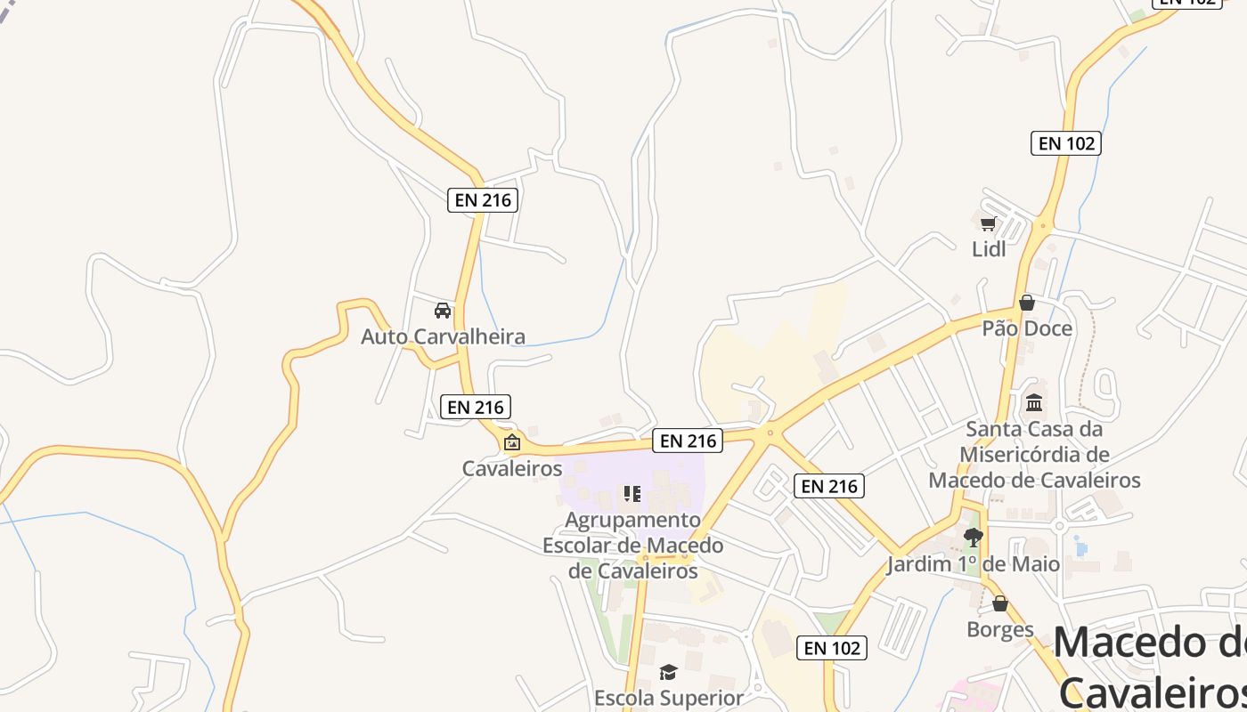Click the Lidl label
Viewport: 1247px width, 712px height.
989,249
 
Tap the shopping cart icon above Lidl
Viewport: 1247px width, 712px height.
988,223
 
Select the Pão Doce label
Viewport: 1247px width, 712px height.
1027,328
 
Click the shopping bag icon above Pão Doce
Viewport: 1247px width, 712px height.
1027,303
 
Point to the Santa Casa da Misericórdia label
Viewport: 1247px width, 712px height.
1034,455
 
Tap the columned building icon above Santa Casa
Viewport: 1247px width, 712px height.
1034,403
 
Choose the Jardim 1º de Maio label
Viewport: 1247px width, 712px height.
973,564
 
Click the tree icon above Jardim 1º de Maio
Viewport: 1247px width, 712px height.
973,537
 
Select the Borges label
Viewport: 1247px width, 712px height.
1000,630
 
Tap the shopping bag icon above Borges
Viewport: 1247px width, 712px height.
1000,604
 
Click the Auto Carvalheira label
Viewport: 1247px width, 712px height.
443,336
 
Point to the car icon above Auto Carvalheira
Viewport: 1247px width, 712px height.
443,311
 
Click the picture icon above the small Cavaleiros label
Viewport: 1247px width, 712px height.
512,442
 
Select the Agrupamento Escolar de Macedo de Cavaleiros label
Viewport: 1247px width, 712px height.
632,545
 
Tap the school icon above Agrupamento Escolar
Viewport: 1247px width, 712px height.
632,494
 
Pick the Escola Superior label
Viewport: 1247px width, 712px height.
668,698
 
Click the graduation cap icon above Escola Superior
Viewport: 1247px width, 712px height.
668,672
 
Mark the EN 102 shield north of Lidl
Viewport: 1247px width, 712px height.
1065,143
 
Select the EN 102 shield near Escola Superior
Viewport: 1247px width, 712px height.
832,648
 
